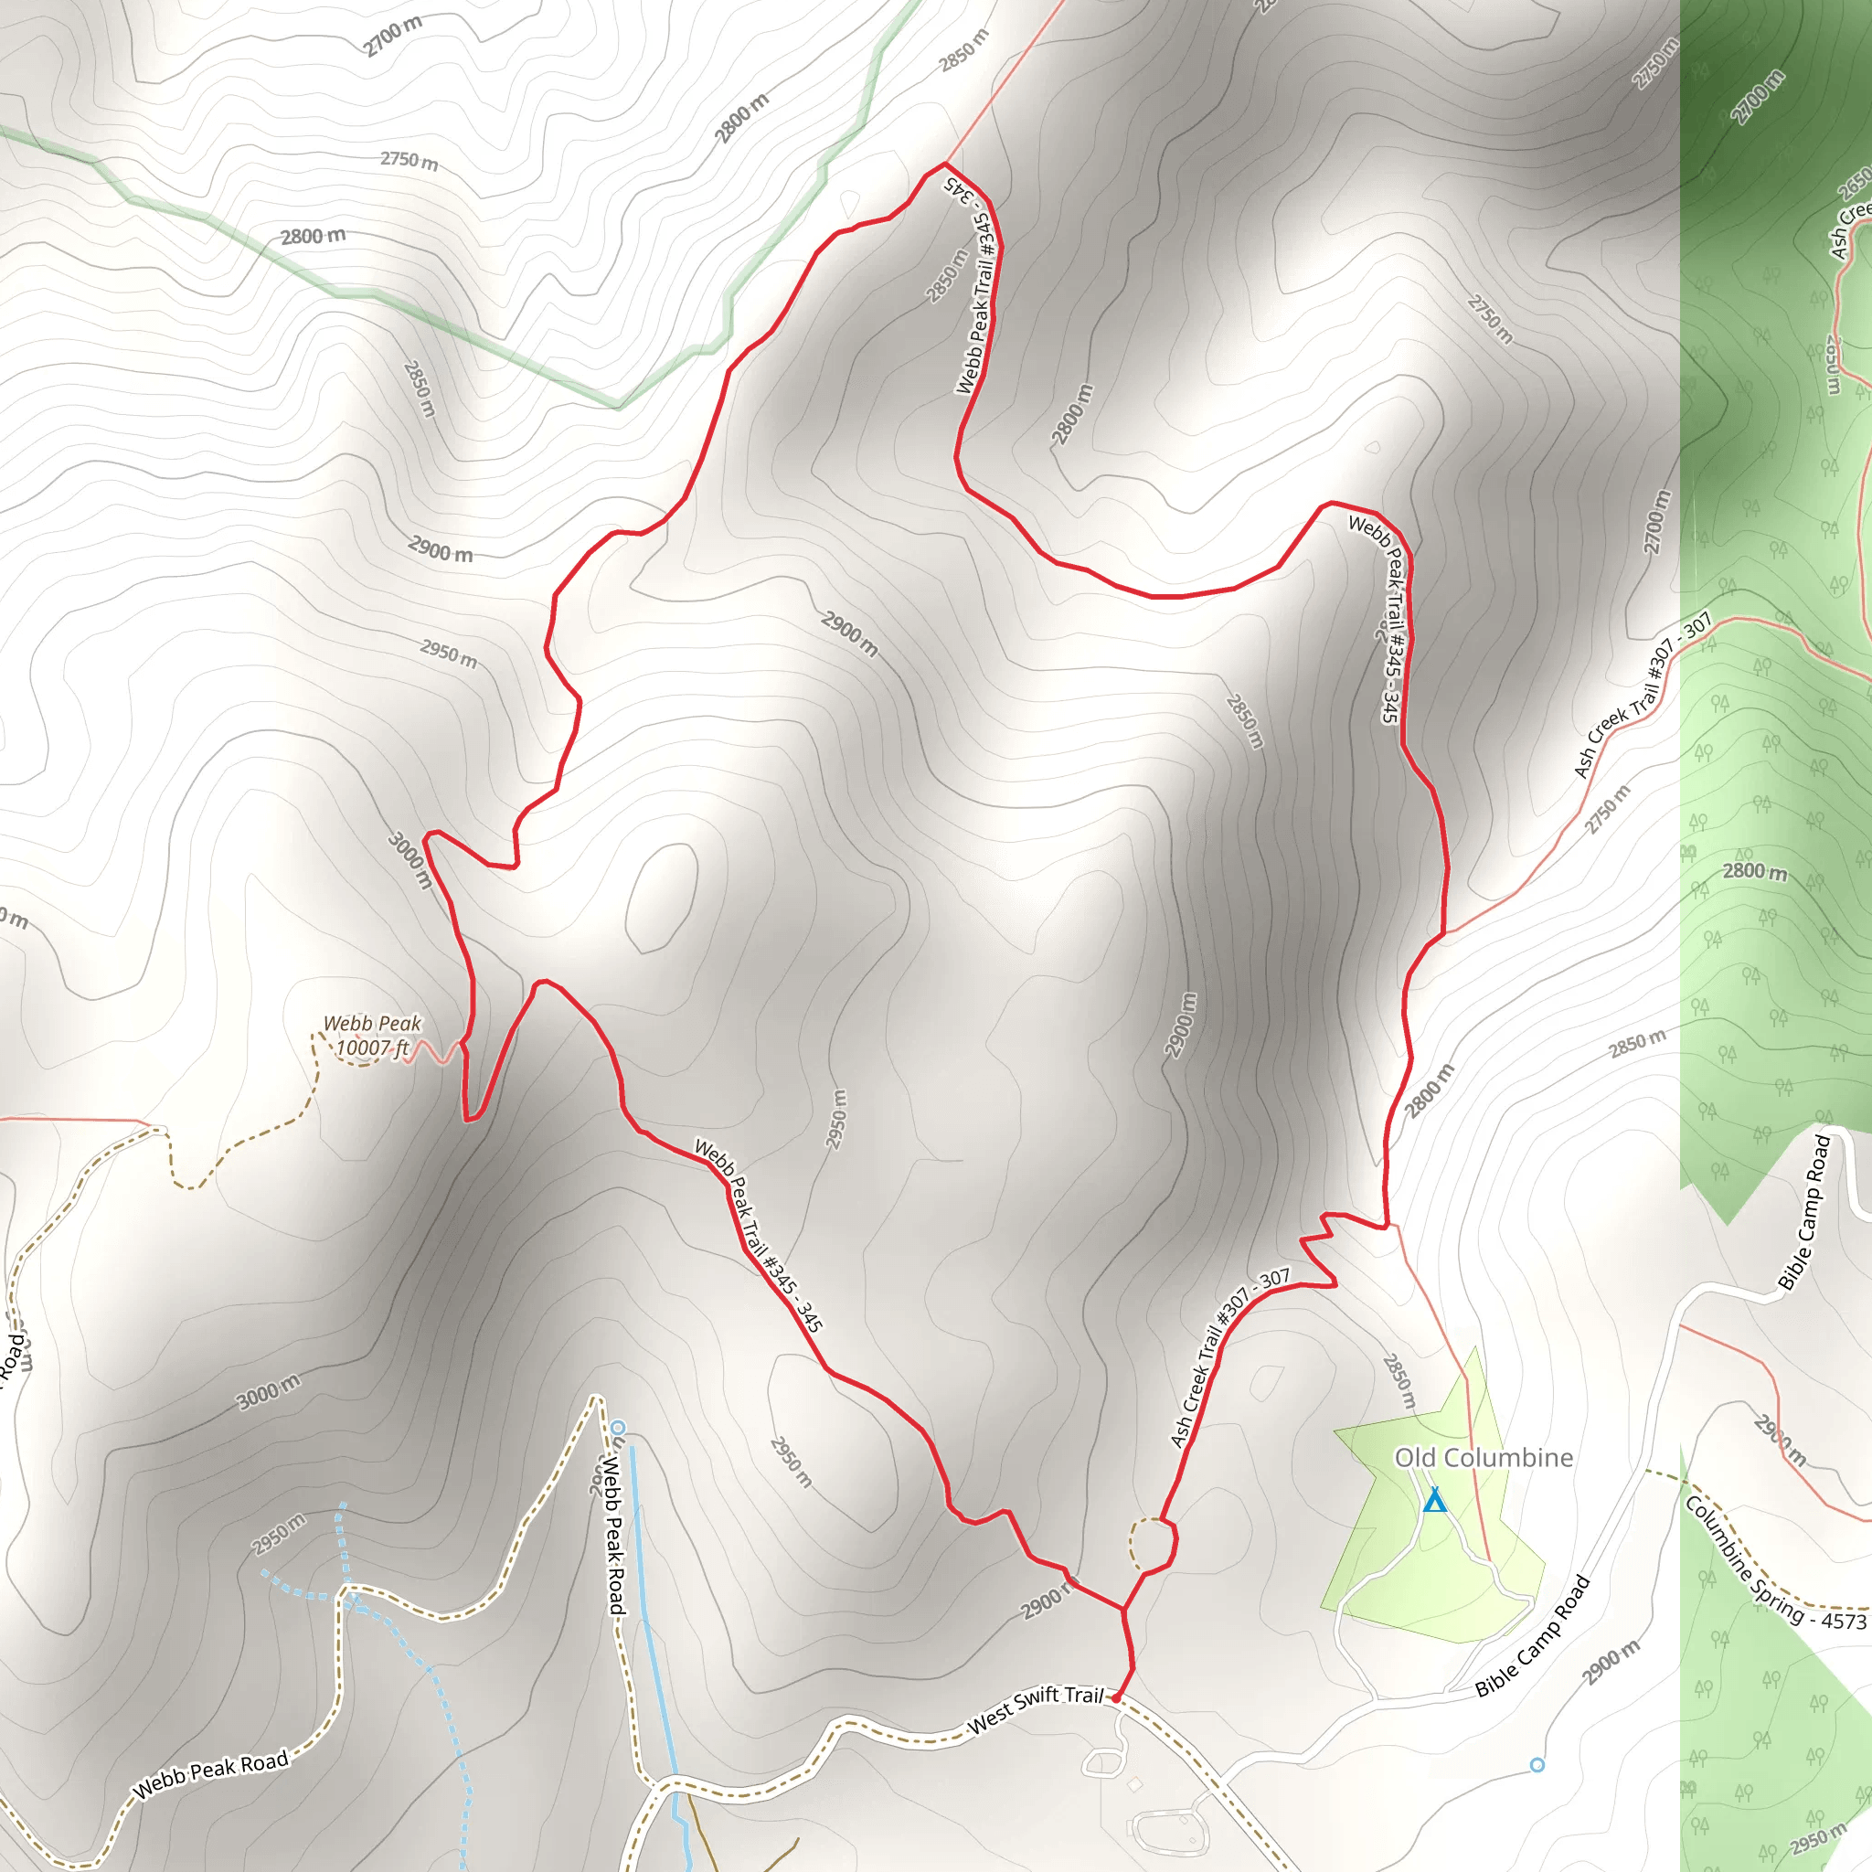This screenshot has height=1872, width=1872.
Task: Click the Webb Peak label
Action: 372,1023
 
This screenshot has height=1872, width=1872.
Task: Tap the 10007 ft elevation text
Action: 372,1048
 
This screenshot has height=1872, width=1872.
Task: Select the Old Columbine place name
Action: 1484,1457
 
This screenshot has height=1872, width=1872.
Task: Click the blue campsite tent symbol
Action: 1435,1501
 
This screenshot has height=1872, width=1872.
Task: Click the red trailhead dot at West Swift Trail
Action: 1116,1697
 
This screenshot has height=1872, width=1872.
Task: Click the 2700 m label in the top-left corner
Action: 392,37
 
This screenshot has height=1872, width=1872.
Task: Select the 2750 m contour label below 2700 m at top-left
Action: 409,160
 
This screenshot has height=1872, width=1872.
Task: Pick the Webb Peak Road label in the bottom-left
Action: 210,1773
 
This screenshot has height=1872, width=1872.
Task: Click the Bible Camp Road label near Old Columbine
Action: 1532,1636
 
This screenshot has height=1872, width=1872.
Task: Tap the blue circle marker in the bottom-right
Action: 1537,1765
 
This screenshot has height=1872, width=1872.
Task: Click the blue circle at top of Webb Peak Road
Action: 618,1427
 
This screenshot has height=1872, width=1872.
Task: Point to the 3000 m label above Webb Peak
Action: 410,859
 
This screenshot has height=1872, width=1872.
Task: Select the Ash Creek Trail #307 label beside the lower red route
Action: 1228,1357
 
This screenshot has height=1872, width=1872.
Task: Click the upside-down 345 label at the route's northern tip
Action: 959,188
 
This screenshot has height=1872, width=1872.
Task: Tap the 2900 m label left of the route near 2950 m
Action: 440,549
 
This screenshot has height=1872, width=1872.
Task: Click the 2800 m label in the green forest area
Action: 1755,871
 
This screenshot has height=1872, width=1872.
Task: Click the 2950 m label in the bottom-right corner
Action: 1818,1837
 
